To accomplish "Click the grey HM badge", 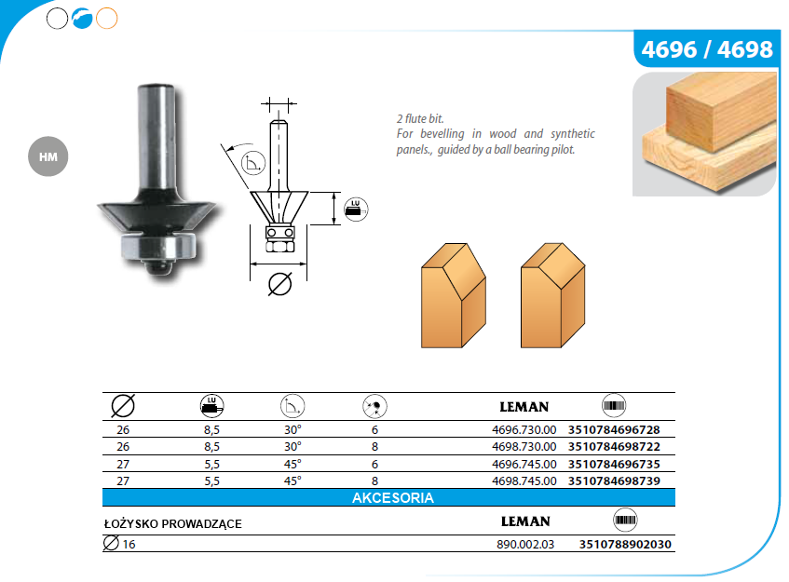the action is (x=48, y=156).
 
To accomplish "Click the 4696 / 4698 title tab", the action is (x=706, y=48).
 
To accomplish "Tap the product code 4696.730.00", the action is (x=524, y=429).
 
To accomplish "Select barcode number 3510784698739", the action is (x=614, y=480).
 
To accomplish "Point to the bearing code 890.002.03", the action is (x=525, y=544).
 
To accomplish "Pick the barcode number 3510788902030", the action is (x=625, y=544).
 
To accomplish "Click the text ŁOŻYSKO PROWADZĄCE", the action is (x=172, y=523).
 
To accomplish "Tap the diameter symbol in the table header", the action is (x=123, y=406).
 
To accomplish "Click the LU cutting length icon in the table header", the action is (x=211, y=406).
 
